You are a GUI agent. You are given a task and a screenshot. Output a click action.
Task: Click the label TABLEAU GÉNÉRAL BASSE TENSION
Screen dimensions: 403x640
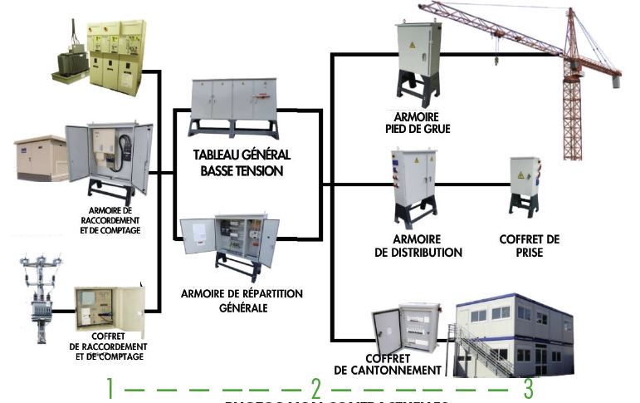(242, 163)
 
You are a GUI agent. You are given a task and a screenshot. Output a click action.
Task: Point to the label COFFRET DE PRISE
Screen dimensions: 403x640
(529, 246)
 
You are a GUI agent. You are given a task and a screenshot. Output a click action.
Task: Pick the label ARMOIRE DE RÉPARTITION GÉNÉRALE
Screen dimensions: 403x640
(242, 300)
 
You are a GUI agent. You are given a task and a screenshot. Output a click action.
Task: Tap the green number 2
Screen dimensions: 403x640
(315, 388)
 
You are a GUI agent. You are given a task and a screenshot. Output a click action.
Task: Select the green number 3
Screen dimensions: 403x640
(528, 388)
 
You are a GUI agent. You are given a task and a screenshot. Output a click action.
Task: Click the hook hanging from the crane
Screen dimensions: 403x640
(496, 60)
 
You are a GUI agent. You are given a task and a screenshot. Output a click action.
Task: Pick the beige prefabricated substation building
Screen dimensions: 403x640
(40, 159)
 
